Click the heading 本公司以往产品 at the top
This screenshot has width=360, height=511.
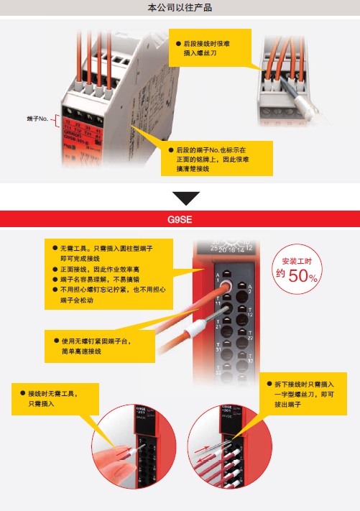[x=180, y=9]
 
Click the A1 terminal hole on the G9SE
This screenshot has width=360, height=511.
[x=221, y=285]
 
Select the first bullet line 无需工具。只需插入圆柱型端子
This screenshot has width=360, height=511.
[x=108, y=247]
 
